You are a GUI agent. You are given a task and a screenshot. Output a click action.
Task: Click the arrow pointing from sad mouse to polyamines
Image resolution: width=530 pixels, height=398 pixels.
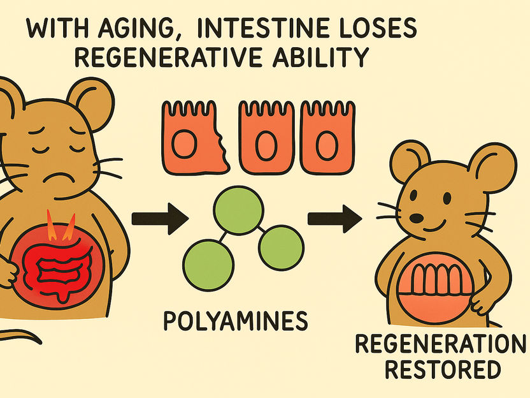pos(159,219)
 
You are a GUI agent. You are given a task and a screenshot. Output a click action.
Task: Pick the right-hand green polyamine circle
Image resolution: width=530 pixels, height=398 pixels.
pos(279,245)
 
